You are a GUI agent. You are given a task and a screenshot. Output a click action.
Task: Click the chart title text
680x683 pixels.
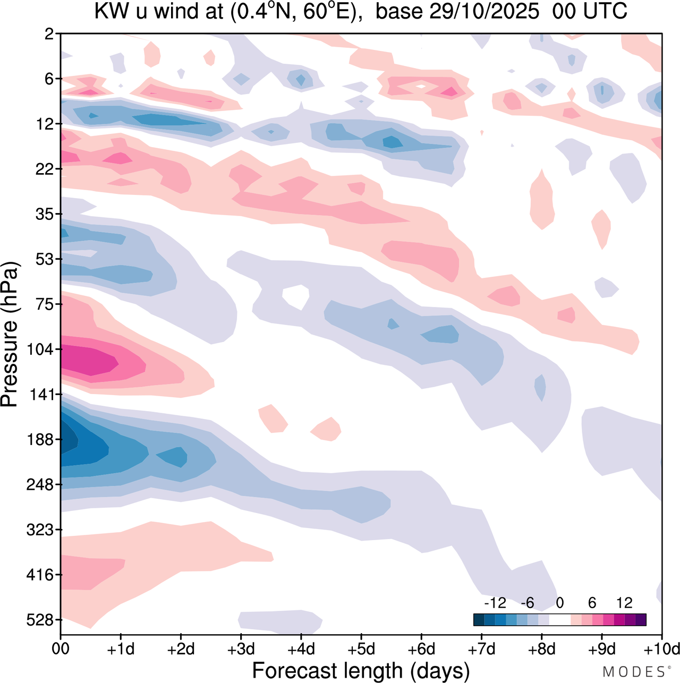coord(361,11)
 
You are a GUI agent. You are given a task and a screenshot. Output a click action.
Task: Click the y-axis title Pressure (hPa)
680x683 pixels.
coord(10,335)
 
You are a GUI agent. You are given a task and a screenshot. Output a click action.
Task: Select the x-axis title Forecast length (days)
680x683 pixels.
coord(361,670)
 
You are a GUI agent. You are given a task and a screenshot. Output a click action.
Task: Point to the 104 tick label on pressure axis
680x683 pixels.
coord(40,349)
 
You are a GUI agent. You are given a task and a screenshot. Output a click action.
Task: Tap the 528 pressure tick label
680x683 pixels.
coord(40,620)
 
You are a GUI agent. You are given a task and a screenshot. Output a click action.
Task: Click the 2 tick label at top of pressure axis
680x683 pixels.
coord(49,34)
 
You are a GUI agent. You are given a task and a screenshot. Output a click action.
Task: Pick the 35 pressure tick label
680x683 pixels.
coord(45,214)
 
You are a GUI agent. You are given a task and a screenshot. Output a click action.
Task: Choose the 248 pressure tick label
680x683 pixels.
coord(40,484)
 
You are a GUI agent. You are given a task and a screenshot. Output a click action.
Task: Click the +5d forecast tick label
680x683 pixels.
coord(361,649)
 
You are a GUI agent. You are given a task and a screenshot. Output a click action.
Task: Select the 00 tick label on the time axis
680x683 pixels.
coord(61,649)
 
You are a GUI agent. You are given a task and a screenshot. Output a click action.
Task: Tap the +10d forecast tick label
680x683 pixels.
coord(662,649)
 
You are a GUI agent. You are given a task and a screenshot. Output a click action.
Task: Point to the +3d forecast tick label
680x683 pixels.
coord(241,649)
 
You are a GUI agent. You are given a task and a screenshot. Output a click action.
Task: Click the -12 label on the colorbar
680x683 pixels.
coord(495,603)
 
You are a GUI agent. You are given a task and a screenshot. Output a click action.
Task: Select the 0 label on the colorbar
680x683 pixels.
coord(559,603)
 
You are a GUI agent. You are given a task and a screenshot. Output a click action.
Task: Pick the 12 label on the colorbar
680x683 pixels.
coord(624,603)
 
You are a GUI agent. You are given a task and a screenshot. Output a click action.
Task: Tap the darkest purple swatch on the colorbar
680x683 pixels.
coord(641,619)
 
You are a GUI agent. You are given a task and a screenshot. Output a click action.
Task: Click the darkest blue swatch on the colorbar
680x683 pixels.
coord(479,619)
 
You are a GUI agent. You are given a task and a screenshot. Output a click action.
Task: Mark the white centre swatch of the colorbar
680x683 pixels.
coord(560,619)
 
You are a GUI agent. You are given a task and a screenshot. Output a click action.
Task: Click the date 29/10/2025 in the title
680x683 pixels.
coord(484,11)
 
